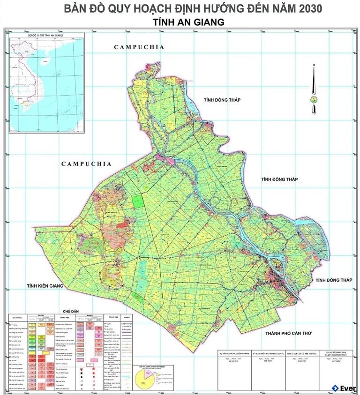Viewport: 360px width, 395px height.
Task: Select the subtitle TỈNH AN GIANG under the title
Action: (188, 22)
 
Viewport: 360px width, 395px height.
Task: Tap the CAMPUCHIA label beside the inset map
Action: (139, 47)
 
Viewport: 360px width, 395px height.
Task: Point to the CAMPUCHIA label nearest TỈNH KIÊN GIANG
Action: (87, 164)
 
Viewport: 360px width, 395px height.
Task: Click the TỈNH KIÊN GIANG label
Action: (45, 286)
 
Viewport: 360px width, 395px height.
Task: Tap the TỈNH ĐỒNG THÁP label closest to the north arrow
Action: (221, 100)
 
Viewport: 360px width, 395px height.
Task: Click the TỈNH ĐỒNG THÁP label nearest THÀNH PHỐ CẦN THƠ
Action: (334, 280)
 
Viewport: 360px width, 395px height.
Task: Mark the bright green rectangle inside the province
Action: (138, 201)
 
